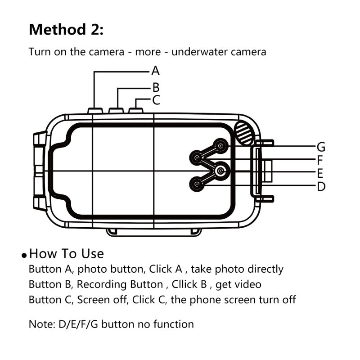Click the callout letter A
point(155,71)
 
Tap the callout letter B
point(156,87)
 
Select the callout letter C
point(156,100)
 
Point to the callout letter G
point(321,147)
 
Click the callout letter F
point(320,160)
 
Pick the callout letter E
point(320,173)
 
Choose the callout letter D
point(321,186)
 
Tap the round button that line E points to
point(220,171)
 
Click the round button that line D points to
point(197,184)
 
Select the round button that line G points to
point(220,145)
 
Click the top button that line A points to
point(94,110)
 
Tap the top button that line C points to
point(135,110)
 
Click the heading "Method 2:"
point(66,30)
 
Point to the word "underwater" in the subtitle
point(200,52)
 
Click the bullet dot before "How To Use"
point(25,255)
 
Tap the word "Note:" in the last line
point(41,324)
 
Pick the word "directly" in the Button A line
point(262,269)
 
